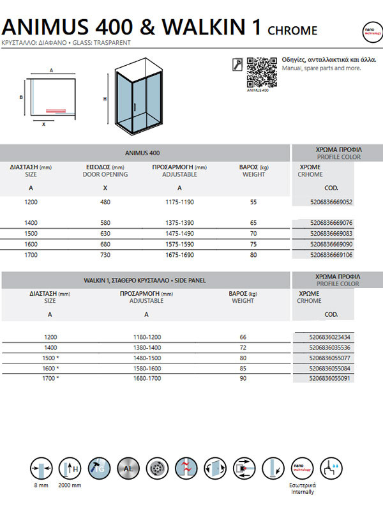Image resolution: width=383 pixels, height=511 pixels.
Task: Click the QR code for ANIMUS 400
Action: [x=260, y=72]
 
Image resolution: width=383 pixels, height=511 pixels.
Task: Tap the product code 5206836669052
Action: [x=322, y=202]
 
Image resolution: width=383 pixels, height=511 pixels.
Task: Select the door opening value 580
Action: [x=105, y=223]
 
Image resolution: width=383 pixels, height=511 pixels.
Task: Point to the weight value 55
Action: [x=253, y=202]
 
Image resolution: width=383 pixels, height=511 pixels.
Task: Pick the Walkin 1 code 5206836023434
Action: [x=322, y=337]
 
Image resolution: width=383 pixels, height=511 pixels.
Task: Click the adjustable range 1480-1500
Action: [x=147, y=358]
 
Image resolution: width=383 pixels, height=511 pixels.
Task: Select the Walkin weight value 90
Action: [x=243, y=379]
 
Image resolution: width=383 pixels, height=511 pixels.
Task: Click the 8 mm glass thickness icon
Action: [x=40, y=468]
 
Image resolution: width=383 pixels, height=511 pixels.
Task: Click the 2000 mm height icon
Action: [x=70, y=468]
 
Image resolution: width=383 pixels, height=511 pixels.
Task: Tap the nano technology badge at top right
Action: [x=368, y=30]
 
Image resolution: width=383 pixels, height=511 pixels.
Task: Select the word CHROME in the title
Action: [x=292, y=30]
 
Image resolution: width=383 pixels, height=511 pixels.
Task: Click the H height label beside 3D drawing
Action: [x=105, y=99]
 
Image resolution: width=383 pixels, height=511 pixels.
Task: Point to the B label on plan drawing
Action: [x=21, y=97]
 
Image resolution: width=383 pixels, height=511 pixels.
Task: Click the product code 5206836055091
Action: [x=322, y=379]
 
